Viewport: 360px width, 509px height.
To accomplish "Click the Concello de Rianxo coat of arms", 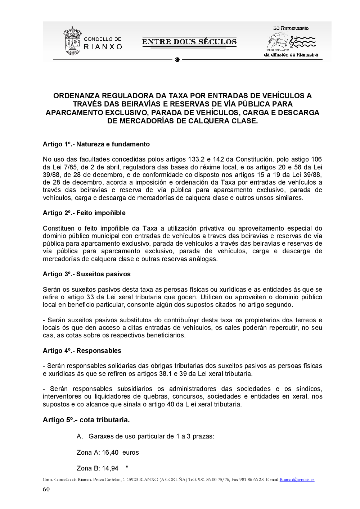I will (72, 41).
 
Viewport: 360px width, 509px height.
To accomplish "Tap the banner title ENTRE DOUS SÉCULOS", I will (189, 42).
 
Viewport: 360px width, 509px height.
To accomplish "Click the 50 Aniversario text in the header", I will (291, 28).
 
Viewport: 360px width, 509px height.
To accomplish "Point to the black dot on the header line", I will (177, 60).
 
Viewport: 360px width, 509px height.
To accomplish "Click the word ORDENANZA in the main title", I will (76, 96).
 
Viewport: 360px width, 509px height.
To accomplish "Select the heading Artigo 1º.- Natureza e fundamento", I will (96, 144).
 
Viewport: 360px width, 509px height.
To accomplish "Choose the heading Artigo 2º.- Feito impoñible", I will (84, 213).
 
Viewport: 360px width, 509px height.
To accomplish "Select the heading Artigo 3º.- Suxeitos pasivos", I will (87, 274).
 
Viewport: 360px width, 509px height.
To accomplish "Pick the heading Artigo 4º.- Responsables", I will (82, 351).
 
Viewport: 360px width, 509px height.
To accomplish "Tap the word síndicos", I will (309, 389).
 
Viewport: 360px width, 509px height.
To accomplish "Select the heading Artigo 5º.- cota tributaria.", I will (86, 420).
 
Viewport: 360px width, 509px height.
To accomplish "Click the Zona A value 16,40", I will (110, 453).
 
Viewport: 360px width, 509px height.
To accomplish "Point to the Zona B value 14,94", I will (110, 468).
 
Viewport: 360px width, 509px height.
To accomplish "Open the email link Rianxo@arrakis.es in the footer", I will (297, 480).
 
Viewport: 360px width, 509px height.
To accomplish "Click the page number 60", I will (46, 489).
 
